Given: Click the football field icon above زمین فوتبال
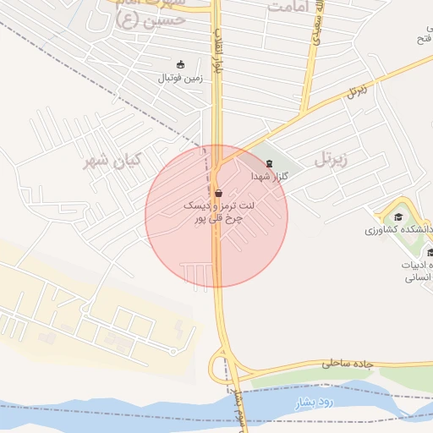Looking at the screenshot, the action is [179, 64].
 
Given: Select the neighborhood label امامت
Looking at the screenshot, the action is [291, 7].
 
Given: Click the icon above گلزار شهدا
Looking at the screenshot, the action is [270, 162].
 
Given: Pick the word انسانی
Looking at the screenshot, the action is [419, 277].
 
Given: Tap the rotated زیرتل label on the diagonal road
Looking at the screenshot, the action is [358, 90].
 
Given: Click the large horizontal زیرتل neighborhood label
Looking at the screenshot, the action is [332, 158].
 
